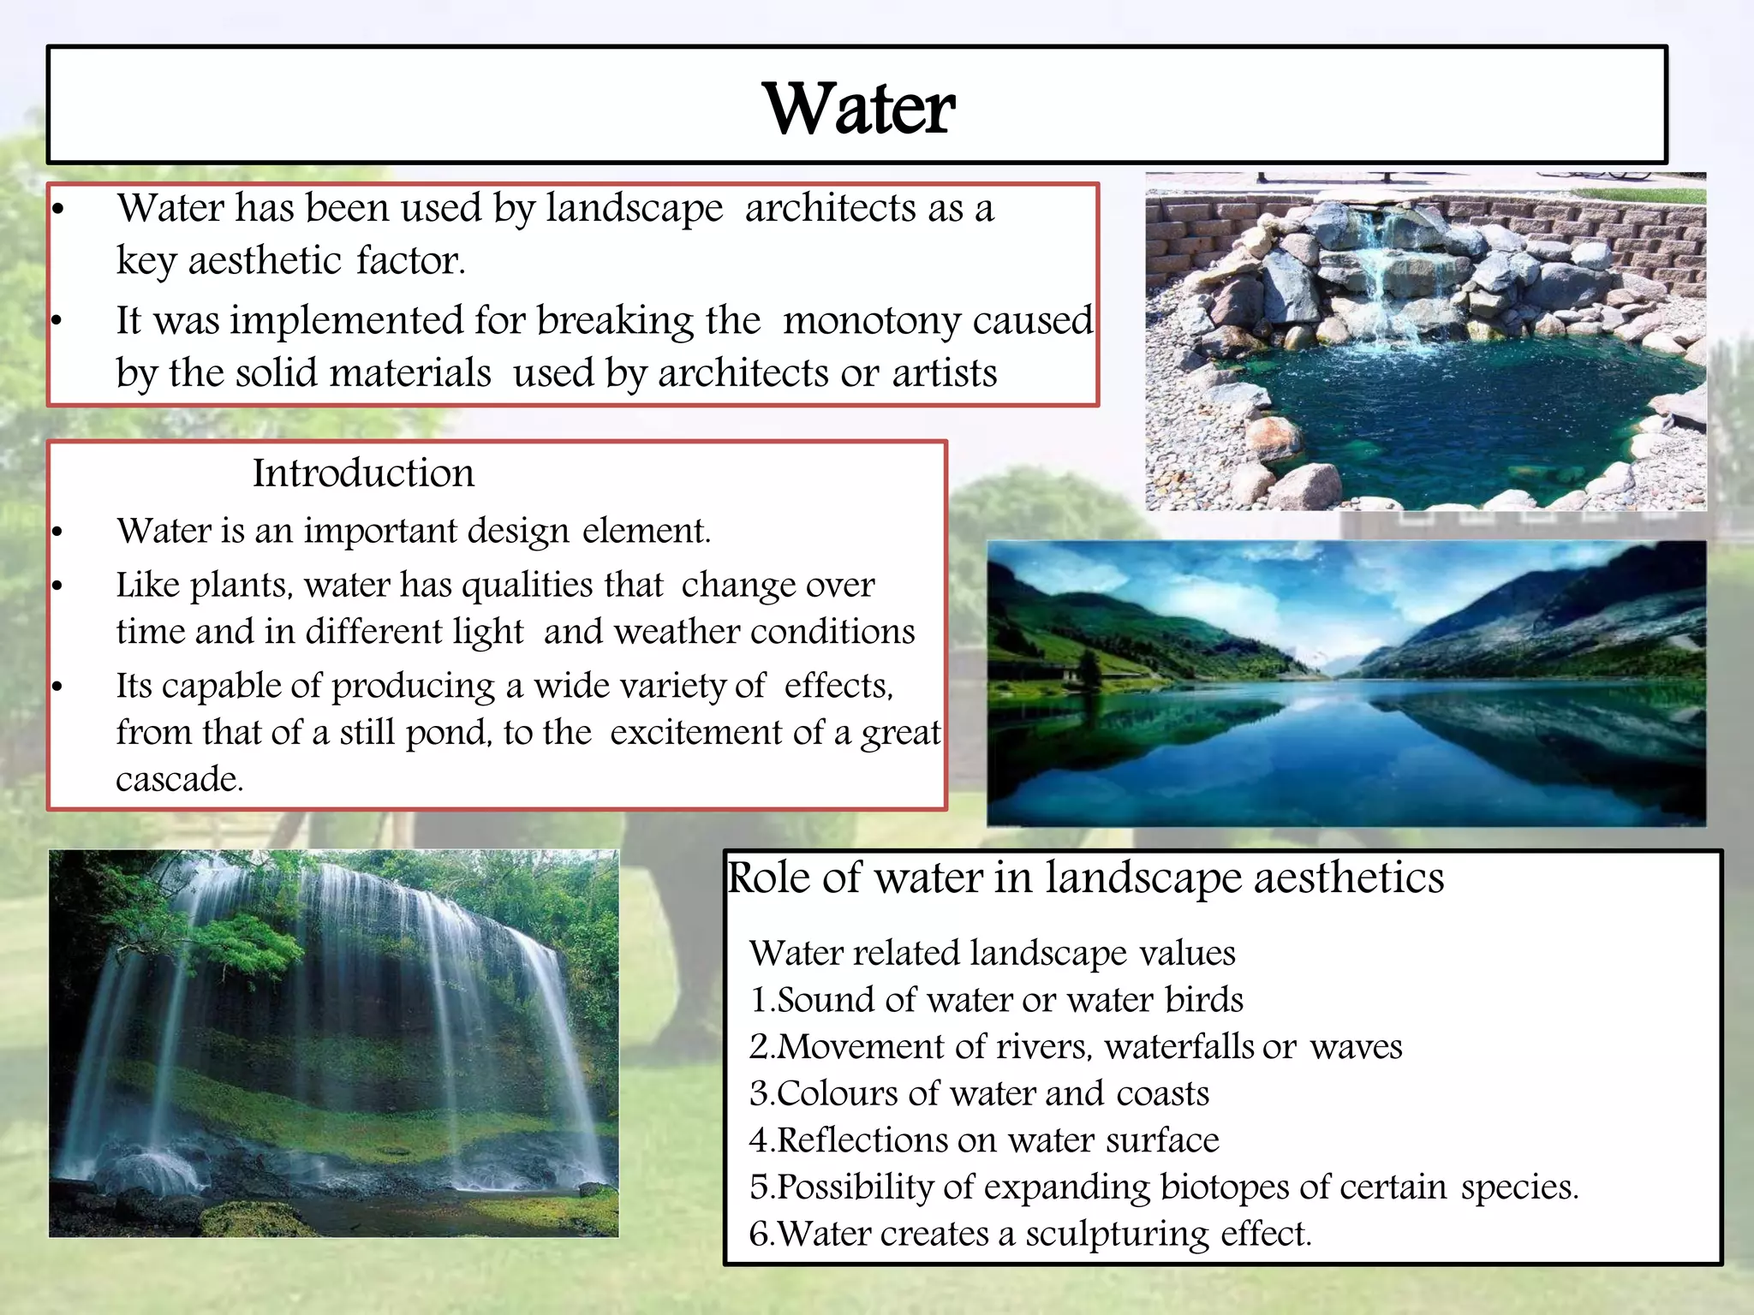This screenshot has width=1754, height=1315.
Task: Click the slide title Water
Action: click(x=858, y=109)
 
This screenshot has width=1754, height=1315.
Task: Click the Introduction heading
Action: click(x=363, y=473)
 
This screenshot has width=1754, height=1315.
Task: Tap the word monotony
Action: click(x=872, y=321)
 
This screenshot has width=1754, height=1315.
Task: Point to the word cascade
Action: click(x=179, y=780)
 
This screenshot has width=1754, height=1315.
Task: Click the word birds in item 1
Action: click(x=1203, y=1000)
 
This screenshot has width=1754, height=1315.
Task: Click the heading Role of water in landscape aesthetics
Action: click(x=1085, y=878)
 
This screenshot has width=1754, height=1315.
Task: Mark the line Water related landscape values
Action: click(x=992, y=954)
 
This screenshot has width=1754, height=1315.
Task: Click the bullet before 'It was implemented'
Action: click(x=57, y=322)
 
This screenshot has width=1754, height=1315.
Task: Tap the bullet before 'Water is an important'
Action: click(x=57, y=533)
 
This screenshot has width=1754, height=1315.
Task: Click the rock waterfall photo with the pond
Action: click(x=1425, y=342)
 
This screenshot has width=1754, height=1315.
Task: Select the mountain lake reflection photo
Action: click(x=1345, y=683)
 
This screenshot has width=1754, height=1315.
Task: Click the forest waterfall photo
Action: click(x=333, y=1043)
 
